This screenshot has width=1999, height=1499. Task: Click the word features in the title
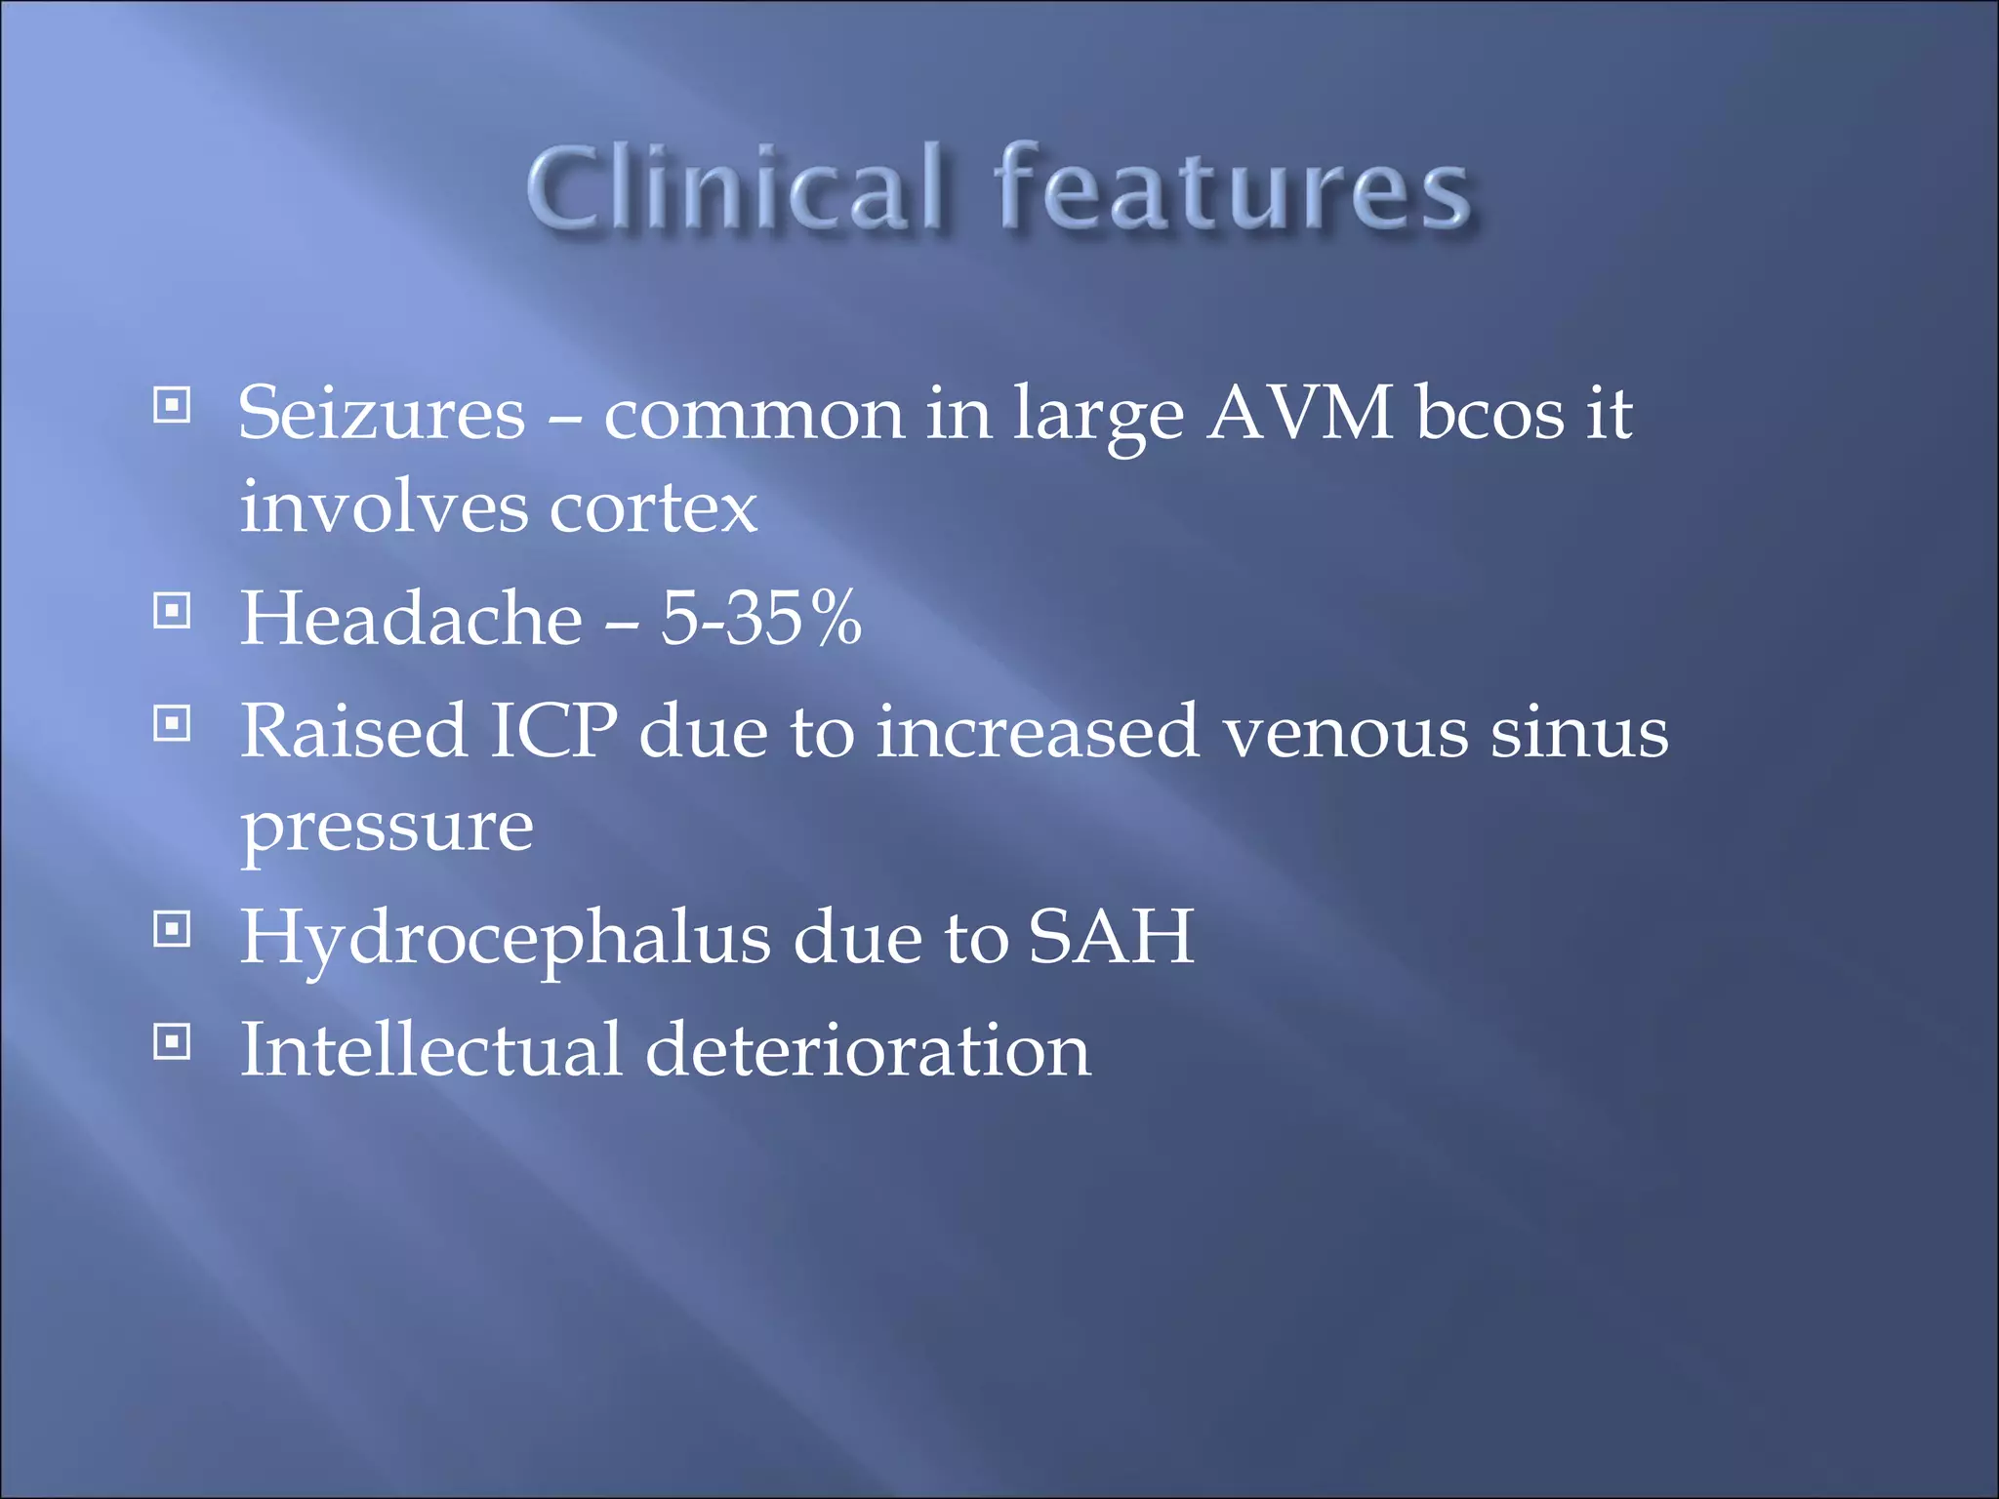coord(1232,187)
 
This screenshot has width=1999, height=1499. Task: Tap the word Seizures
coord(382,414)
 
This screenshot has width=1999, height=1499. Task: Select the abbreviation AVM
coord(1300,414)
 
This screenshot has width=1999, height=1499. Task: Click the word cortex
coord(653,507)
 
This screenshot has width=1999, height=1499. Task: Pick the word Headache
coord(411,619)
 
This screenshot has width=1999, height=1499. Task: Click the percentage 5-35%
coord(761,619)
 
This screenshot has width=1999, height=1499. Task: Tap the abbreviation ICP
coord(552,731)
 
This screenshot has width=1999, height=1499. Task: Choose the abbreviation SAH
coord(1111,937)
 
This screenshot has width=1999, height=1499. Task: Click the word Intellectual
coord(430,1050)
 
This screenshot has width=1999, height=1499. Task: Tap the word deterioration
coord(868,1050)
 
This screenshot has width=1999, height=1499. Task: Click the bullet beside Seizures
coord(172,405)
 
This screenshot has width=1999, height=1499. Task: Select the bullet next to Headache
coord(172,612)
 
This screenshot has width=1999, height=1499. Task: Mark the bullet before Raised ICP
coord(172,724)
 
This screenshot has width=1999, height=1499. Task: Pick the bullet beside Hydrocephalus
coord(172,930)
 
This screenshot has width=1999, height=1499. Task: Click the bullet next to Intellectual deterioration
coord(172,1042)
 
